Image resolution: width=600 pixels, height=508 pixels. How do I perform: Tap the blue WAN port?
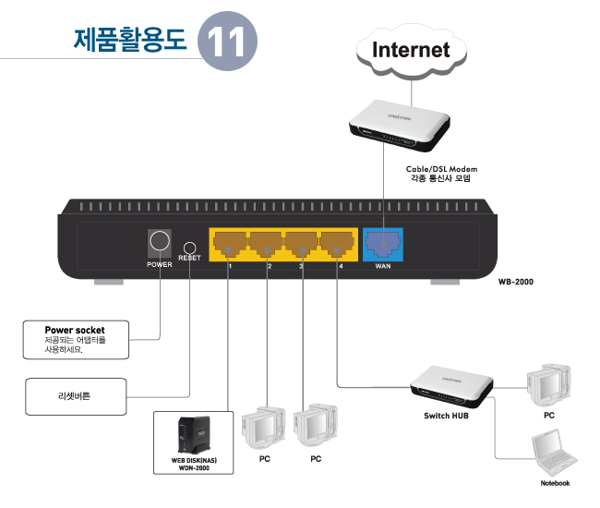click(x=382, y=244)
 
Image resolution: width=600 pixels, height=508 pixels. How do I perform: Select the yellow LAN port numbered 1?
click(x=229, y=244)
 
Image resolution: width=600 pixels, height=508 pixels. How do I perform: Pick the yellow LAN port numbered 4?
click(x=338, y=244)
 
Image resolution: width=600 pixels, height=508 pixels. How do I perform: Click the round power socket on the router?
click(x=159, y=243)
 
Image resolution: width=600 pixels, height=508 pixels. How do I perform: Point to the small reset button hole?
click(x=189, y=247)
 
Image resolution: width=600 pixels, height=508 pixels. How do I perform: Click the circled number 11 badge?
click(x=227, y=42)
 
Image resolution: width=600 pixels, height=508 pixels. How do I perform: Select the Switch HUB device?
click(x=450, y=385)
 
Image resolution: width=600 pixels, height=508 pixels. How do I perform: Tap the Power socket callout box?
click(x=76, y=339)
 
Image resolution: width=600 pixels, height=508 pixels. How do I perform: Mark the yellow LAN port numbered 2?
click(x=266, y=244)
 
